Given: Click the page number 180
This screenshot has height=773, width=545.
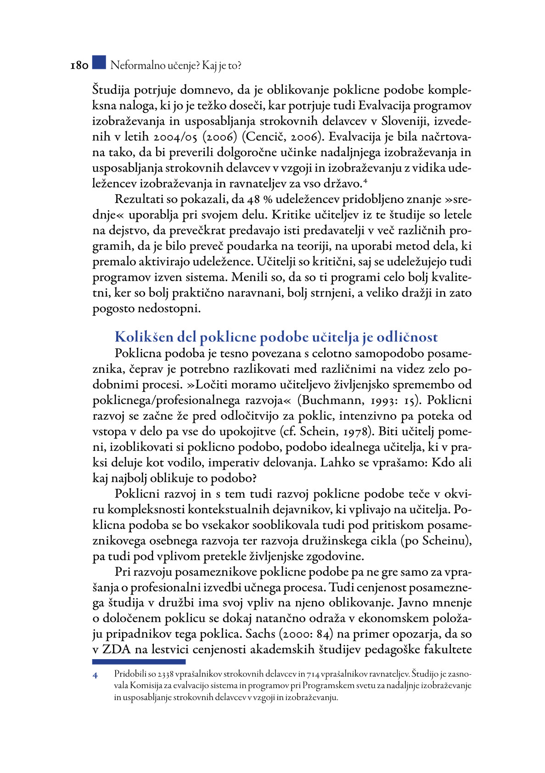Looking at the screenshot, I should point(79,66).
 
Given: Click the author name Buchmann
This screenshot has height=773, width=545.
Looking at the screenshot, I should point(331,400).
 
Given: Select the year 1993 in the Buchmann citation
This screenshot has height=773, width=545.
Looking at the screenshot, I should point(383,400).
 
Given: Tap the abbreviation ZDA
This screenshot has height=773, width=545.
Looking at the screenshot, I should point(117,650).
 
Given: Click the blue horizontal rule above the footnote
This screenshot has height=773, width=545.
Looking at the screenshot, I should point(139,662).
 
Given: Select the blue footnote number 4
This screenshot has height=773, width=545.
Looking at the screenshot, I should point(96,675).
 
